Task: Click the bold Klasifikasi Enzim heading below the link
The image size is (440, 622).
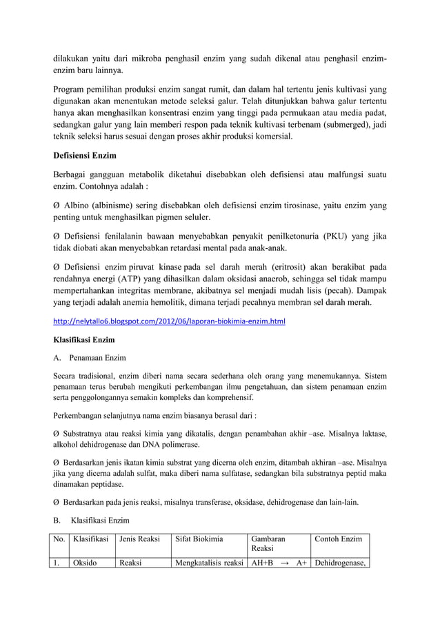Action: (85, 341)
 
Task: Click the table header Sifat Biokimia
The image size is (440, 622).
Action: (201, 539)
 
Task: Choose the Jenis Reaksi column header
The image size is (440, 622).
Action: (141, 539)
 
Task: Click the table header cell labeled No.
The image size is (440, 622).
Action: (60, 539)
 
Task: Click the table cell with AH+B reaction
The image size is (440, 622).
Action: (278, 563)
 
